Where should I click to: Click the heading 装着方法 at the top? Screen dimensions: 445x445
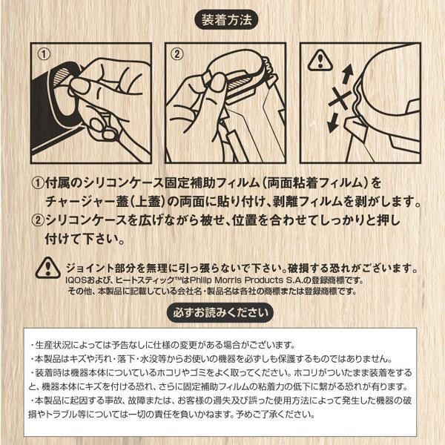click(226, 20)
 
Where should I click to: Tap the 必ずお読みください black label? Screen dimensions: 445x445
click(220, 313)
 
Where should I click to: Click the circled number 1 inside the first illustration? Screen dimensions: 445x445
click(44, 54)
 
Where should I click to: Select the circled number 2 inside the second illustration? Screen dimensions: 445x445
click(178, 54)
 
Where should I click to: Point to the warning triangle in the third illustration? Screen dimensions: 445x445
click(320, 61)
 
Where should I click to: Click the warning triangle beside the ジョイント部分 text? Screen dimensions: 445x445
click(47, 268)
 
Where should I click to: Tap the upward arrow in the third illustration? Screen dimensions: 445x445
click(347, 73)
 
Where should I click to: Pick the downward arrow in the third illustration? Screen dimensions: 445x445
click(332, 122)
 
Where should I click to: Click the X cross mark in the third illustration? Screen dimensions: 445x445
click(340, 98)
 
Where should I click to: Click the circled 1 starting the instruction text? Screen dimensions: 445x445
click(38, 183)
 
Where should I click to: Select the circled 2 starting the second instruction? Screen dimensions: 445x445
click(38, 221)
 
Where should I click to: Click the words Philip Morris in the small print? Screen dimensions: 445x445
click(216, 280)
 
